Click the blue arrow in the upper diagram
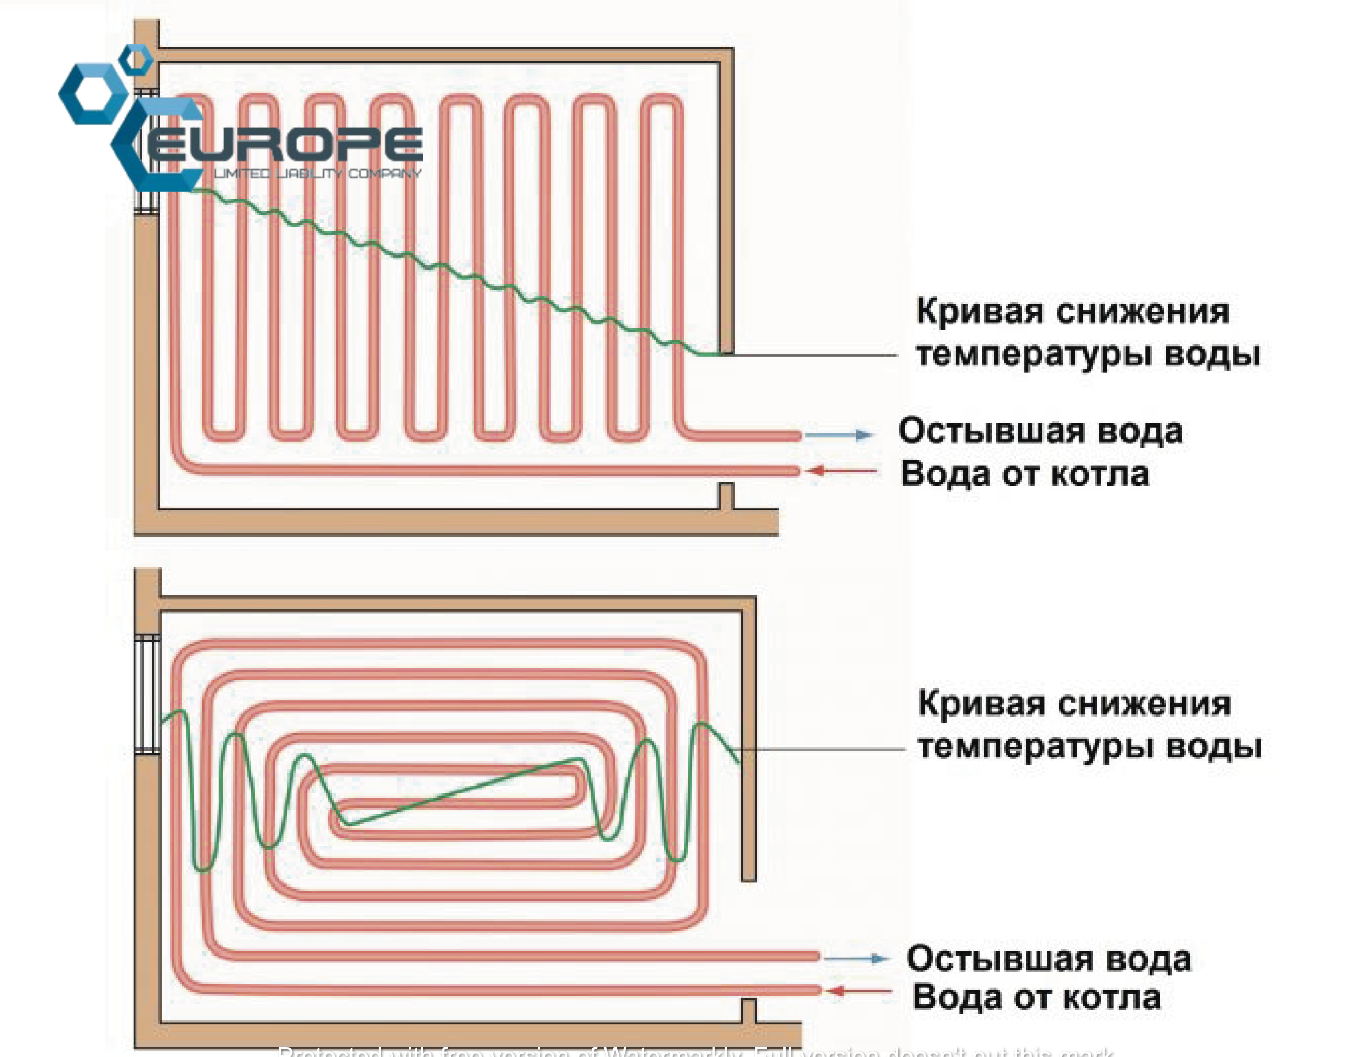(x=839, y=435)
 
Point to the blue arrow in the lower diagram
(x=857, y=959)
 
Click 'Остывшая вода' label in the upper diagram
(x=1040, y=431)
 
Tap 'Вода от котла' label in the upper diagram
(x=1024, y=475)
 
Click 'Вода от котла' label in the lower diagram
(x=1036, y=997)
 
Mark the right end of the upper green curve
(x=718, y=354)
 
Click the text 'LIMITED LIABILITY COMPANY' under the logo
(x=317, y=173)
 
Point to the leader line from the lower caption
(x=823, y=749)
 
